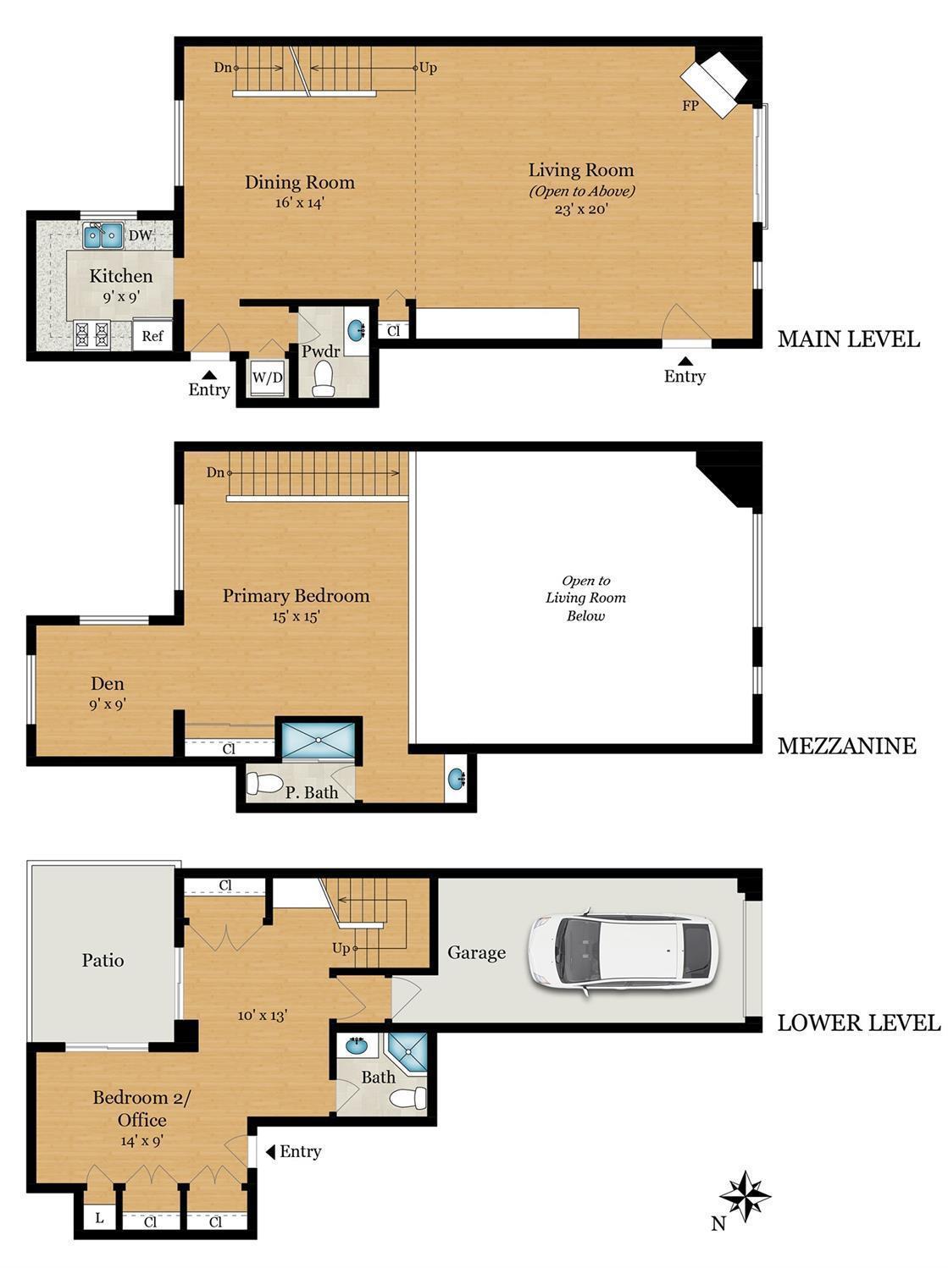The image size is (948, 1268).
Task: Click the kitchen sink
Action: click(103, 235)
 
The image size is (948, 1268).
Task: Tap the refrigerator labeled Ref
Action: click(152, 334)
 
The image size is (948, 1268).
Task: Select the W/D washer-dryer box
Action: click(268, 378)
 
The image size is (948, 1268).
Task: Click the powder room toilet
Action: click(324, 378)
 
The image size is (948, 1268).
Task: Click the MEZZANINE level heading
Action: click(847, 746)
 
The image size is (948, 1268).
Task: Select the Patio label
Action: click(103, 961)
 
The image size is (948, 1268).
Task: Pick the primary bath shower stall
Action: click(319, 740)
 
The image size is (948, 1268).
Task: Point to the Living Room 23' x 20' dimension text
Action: click(581, 209)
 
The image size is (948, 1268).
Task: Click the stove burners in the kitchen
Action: click(91, 334)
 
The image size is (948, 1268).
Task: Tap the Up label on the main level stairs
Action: click(428, 68)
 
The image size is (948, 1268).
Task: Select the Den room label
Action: click(108, 684)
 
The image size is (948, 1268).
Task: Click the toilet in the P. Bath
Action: click(263, 784)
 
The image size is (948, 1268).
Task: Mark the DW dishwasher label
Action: click(140, 235)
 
